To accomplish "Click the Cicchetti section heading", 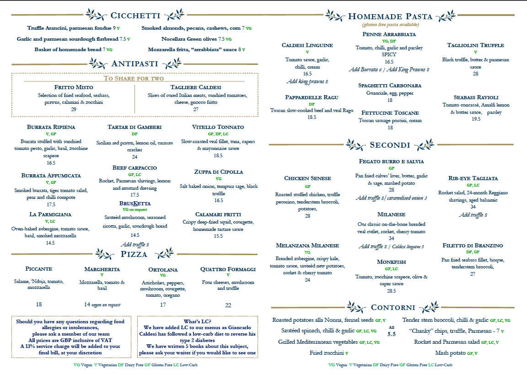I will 135,16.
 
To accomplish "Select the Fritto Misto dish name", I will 73,87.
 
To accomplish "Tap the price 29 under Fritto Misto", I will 73,109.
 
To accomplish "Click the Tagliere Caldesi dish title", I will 196,87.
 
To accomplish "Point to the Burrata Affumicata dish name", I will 51,176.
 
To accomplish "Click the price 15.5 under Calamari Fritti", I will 218,236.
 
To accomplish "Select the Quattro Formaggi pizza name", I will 228,269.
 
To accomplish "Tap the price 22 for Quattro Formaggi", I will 228,305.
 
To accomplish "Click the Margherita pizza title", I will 102,269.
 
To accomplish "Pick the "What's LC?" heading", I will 197,321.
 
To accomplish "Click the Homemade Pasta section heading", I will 390,16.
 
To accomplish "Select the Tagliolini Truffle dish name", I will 475,45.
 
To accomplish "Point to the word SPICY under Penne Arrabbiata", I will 389,54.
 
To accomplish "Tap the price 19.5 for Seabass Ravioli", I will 476,119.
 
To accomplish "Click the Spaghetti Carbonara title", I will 390,85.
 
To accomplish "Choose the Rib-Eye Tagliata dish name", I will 473,178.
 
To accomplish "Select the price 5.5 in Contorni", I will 391,334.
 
